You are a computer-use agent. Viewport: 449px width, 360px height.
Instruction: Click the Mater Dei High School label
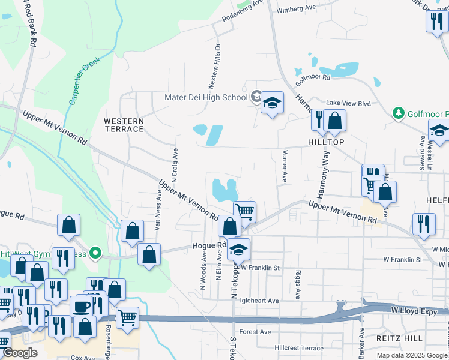(x=206, y=98)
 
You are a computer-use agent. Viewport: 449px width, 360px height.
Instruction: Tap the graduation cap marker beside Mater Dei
(x=272, y=103)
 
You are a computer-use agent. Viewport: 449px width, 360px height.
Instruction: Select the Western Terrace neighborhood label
(x=124, y=125)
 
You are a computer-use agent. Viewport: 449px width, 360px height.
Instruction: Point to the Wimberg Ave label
(x=296, y=8)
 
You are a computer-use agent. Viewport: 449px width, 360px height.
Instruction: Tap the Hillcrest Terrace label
(x=299, y=348)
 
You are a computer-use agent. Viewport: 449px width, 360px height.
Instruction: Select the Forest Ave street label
(x=255, y=332)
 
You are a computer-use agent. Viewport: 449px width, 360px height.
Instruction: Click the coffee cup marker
(x=82, y=307)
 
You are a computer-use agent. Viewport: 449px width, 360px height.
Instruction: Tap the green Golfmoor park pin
(x=398, y=113)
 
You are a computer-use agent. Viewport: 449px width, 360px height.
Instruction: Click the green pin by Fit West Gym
(x=94, y=252)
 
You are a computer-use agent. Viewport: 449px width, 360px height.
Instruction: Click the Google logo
(x=20, y=353)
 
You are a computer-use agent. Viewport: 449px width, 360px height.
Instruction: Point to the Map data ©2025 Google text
(x=411, y=355)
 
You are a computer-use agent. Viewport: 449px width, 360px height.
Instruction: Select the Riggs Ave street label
(x=298, y=284)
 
